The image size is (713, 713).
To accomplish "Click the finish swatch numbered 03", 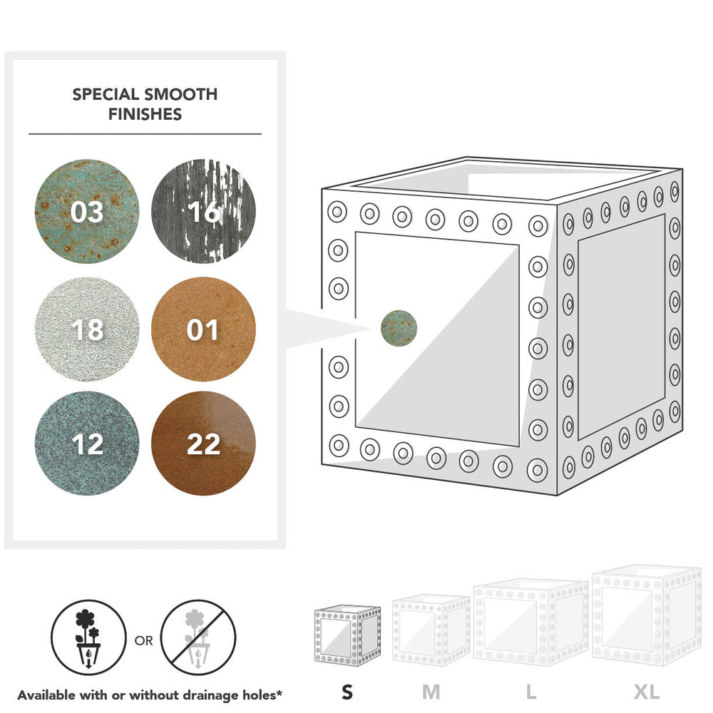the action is click(x=87, y=212).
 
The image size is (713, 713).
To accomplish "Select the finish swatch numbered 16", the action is click(x=203, y=212).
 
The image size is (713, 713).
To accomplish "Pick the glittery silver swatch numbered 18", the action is click(x=87, y=329).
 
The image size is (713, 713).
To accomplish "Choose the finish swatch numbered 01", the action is click(x=203, y=329).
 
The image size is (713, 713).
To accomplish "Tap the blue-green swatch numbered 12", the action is click(x=87, y=443).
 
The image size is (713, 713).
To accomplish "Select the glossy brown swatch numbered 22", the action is click(x=203, y=443).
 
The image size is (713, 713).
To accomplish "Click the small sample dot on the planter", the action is click(x=399, y=328).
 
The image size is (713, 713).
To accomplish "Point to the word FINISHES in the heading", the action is click(x=145, y=114).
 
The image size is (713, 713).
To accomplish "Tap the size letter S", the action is click(x=347, y=692).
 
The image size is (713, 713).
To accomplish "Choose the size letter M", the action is click(x=431, y=692).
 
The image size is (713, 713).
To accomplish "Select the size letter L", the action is click(x=530, y=692).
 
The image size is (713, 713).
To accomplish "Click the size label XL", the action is click(x=647, y=692).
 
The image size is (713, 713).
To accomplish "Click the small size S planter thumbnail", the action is click(x=347, y=636).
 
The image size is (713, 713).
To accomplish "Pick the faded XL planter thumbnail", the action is click(x=647, y=615).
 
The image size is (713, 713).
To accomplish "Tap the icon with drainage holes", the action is click(x=88, y=637).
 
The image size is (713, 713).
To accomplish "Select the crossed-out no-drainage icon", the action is click(x=198, y=637).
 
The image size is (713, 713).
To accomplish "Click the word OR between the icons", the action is click(x=144, y=641).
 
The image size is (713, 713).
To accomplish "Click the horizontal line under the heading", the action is click(x=145, y=134).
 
